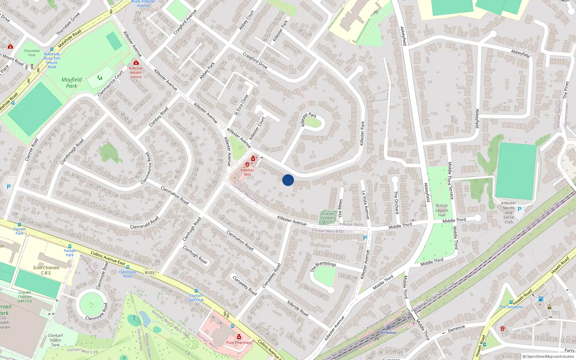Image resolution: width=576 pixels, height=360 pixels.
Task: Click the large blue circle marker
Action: tap(288, 180)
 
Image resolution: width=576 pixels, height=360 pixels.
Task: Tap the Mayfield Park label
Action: tap(72, 83)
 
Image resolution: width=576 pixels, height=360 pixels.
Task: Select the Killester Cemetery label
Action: tap(328, 216)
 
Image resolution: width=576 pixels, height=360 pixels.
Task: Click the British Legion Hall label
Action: tap(442, 210)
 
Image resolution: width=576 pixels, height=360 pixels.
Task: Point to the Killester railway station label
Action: tap(389, 333)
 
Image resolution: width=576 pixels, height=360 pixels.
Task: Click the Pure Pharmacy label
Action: tap(239, 342)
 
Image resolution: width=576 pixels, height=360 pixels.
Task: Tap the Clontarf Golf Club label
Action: tap(196, 298)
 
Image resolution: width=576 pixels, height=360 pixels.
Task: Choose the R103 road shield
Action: tap(149, 273)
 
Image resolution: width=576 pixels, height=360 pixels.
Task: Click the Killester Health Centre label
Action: tap(136, 72)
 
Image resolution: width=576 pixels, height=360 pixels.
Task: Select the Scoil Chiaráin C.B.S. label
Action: tap(46, 270)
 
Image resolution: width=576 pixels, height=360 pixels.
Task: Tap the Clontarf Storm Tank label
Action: tap(55, 340)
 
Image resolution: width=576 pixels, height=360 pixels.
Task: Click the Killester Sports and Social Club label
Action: tap(508, 212)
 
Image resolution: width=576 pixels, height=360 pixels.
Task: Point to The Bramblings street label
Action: tap(323, 266)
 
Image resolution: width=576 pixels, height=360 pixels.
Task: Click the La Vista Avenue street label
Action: tap(366, 205)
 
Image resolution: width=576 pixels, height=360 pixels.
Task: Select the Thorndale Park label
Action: tap(32, 53)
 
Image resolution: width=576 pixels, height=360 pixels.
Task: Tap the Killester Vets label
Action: tap(247, 172)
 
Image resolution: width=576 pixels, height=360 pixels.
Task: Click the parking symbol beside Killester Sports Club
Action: tap(519, 209)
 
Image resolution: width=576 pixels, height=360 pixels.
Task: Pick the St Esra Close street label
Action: tap(241, 105)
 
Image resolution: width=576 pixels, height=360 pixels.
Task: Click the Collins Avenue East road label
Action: tap(108, 258)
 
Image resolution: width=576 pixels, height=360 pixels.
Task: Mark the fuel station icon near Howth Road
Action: tap(540, 299)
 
